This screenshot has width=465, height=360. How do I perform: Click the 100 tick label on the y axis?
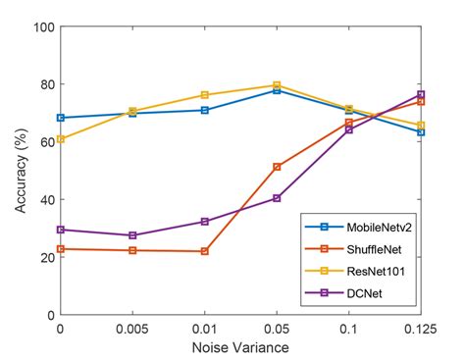(41, 26)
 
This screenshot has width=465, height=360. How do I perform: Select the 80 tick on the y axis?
(44, 84)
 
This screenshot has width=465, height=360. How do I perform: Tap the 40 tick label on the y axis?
(44, 200)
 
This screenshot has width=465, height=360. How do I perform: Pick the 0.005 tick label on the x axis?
(132, 329)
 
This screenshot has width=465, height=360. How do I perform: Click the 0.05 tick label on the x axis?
(277, 329)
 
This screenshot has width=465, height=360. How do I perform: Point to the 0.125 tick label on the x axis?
(420, 329)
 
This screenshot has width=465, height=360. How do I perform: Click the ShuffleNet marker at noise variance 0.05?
(277, 167)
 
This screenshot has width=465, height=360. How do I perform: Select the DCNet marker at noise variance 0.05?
(277, 198)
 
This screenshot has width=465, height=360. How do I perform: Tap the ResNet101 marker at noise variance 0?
(61, 139)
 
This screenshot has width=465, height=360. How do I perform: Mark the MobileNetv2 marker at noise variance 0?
(61, 118)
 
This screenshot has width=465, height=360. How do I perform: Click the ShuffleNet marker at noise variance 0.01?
(205, 251)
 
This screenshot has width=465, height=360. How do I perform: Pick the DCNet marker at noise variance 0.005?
(132, 235)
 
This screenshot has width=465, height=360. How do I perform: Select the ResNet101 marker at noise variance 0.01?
(205, 95)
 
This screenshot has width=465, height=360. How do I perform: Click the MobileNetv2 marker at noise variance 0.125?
(420, 131)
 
